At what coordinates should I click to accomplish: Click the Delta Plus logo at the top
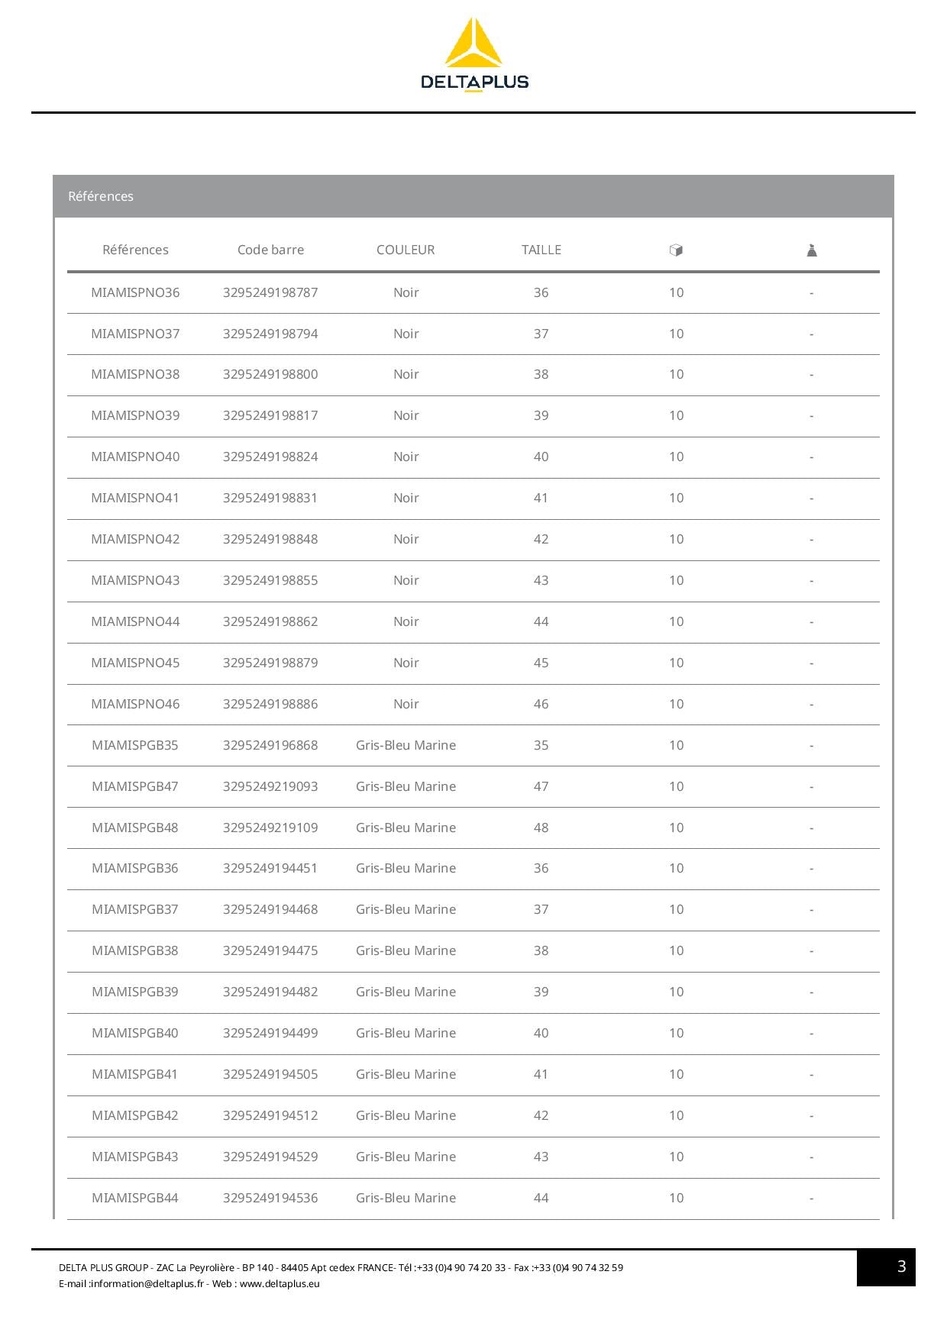click(x=473, y=55)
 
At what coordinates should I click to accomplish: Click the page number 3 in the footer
click(x=901, y=1266)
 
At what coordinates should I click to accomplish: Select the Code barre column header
click(x=270, y=250)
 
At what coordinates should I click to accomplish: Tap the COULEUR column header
click(x=406, y=250)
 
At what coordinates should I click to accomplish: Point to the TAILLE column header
click(x=541, y=250)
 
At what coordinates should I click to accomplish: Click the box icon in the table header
click(x=676, y=250)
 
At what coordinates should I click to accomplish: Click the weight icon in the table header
click(x=812, y=250)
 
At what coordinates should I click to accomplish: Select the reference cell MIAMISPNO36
click(x=135, y=292)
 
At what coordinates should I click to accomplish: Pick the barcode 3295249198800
click(x=270, y=374)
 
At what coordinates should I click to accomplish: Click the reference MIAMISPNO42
click(x=135, y=539)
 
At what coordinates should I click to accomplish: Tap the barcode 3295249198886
click(x=270, y=704)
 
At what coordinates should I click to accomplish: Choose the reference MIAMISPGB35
click(x=135, y=745)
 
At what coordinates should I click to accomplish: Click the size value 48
click(x=541, y=828)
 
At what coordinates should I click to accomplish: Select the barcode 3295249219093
click(x=270, y=786)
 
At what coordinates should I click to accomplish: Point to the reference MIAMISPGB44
click(x=135, y=1198)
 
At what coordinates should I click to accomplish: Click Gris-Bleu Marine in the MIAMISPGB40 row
click(x=406, y=1033)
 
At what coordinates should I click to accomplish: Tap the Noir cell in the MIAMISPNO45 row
click(x=406, y=663)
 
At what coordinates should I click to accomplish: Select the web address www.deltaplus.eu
click(x=280, y=1283)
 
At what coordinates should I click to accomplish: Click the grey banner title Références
click(x=101, y=196)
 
